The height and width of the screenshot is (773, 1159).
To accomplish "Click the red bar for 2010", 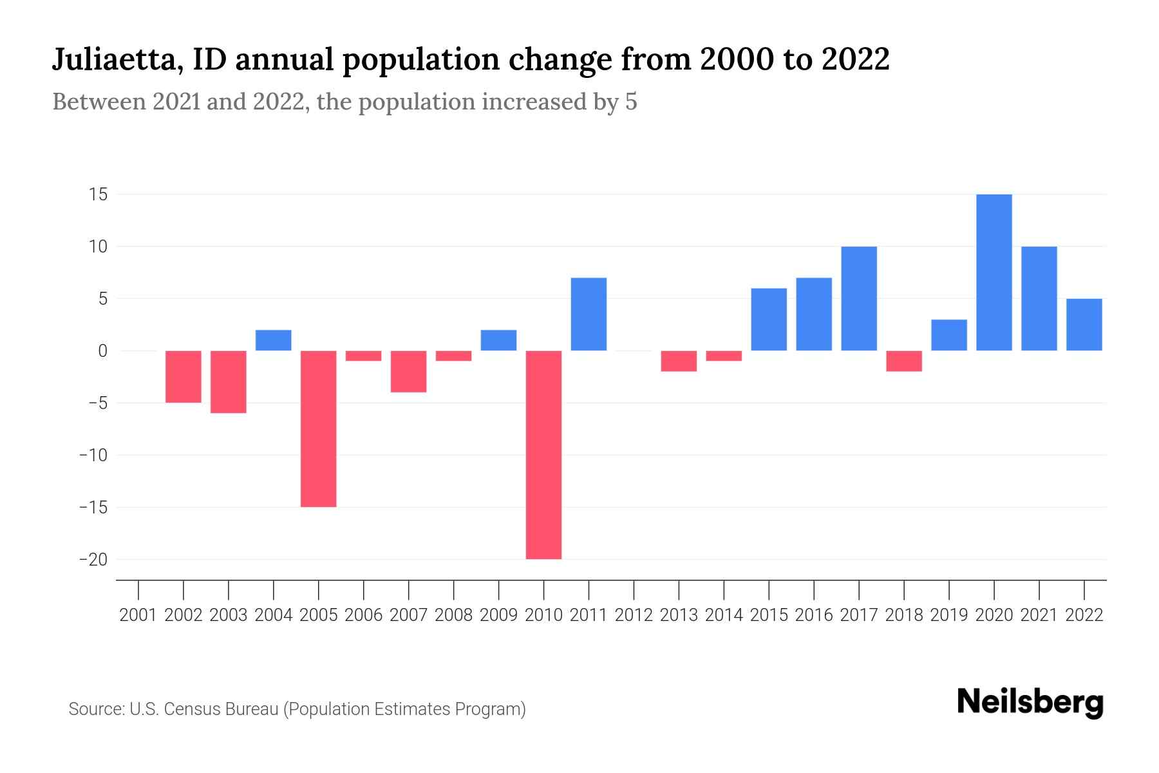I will tap(543, 455).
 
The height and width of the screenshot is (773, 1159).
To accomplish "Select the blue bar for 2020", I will tap(994, 272).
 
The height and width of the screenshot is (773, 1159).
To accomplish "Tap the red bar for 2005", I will tap(319, 428).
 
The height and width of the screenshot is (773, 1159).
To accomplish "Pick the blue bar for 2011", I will tap(589, 314).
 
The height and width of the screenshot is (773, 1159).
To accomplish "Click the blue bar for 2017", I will tap(858, 298).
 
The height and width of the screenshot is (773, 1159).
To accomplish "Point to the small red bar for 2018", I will tap(903, 361).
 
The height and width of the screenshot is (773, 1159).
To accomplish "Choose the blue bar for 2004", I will tap(274, 340).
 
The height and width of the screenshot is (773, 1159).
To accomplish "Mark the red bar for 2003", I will tap(229, 381).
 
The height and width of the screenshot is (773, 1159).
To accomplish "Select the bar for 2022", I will tap(1084, 325).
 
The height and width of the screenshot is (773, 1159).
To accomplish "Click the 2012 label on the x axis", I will tap(634, 615).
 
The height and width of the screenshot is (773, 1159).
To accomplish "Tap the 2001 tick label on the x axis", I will tap(138, 615).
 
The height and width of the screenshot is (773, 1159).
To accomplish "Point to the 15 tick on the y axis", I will tap(98, 195).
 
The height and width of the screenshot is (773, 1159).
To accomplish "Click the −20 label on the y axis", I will tap(93, 559).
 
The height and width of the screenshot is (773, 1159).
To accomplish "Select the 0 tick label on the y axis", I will tap(102, 351).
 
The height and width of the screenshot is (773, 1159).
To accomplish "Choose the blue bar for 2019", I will tap(948, 335).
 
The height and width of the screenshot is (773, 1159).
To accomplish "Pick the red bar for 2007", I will tap(408, 371).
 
